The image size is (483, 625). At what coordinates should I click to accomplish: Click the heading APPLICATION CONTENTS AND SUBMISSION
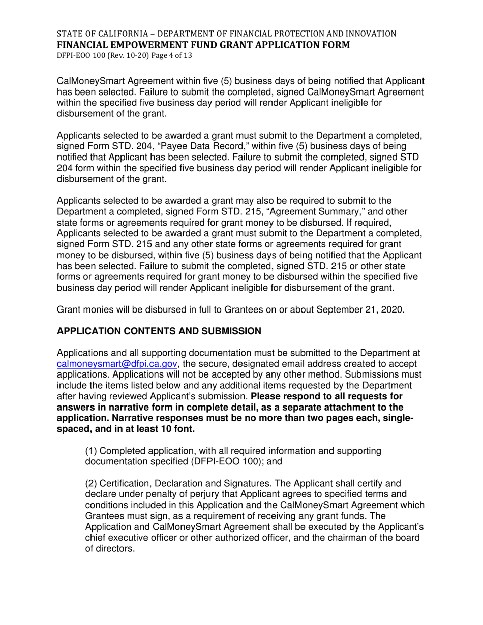(159, 331)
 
